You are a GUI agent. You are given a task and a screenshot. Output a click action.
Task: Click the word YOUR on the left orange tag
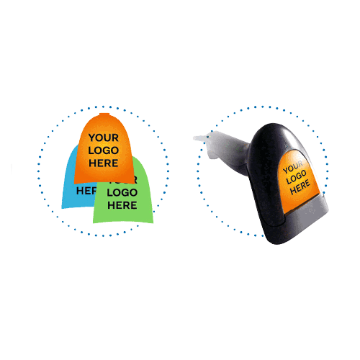104,138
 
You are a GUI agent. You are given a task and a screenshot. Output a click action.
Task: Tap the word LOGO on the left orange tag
104,150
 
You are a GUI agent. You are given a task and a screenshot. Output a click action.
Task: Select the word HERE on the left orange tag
104,163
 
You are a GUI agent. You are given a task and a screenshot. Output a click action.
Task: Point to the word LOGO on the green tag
122,192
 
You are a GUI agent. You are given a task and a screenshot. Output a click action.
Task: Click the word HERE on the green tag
122,205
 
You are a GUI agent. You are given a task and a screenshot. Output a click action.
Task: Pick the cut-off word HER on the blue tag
86,191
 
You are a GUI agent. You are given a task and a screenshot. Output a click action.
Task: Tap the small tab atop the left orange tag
104,114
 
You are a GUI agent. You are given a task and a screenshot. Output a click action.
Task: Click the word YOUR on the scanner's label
293,167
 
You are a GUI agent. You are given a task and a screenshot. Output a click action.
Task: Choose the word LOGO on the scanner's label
297,177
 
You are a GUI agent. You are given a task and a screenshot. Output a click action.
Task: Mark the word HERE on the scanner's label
300,187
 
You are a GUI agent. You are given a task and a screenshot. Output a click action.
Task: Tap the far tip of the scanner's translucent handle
194,138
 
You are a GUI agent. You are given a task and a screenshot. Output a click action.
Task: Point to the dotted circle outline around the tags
38,171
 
